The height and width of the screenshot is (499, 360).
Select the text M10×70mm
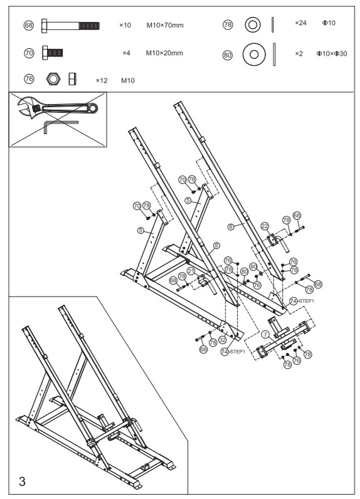(165, 25)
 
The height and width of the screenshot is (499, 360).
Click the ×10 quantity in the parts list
(125, 26)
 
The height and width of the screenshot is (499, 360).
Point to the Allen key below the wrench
(60, 128)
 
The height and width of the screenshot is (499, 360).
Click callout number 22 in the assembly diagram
(265, 226)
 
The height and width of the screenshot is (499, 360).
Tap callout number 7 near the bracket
(266, 335)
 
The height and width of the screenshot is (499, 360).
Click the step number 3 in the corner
(23, 481)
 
